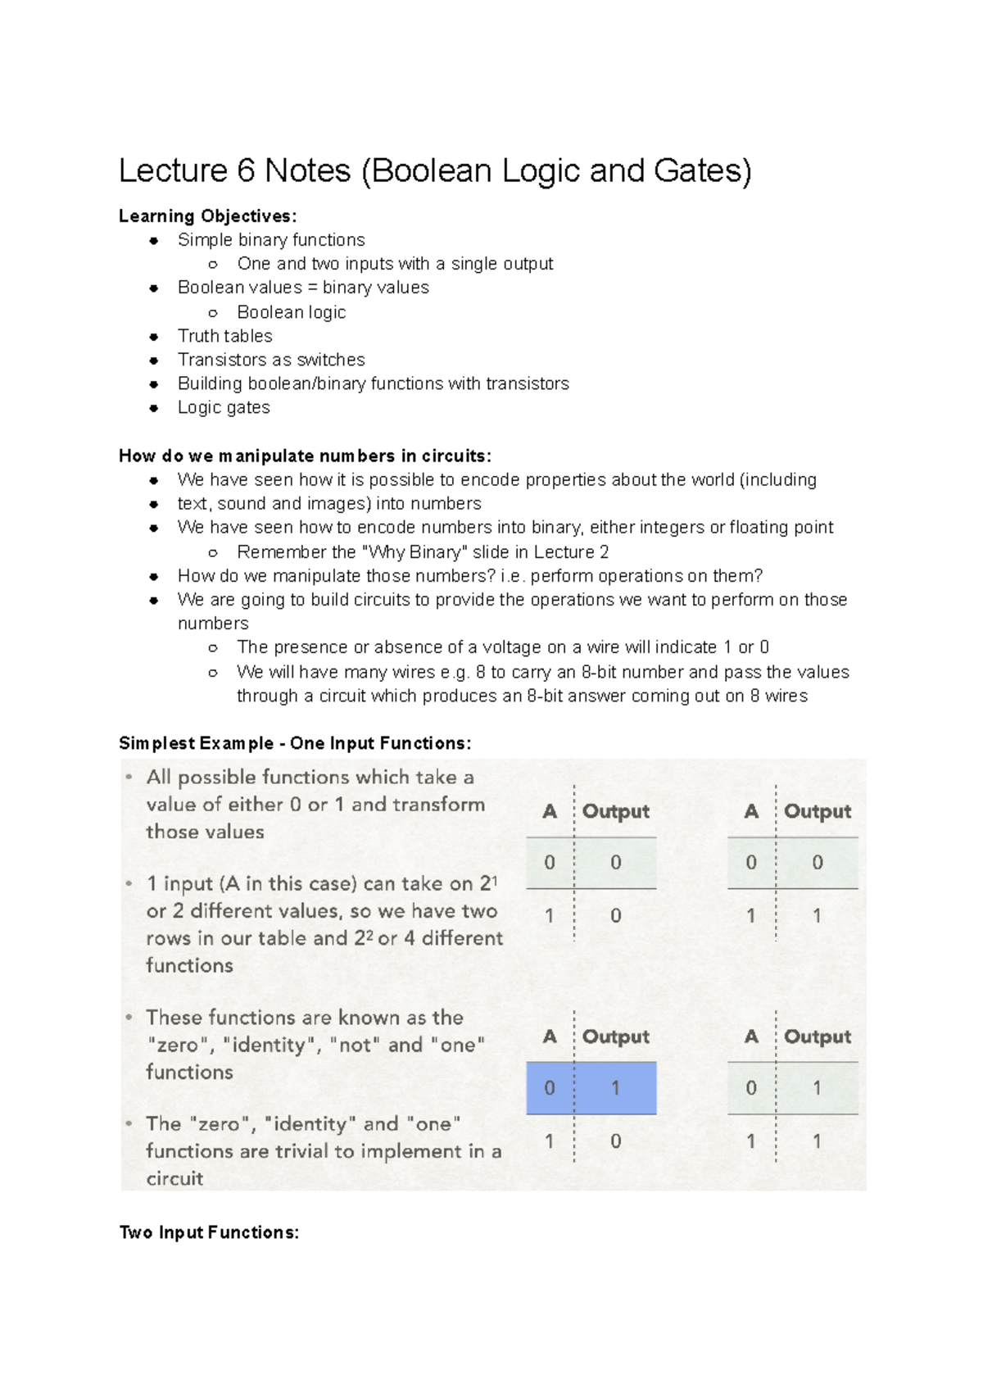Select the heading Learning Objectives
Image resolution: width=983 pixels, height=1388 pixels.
tap(207, 216)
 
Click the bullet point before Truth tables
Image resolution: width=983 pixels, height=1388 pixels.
tap(154, 336)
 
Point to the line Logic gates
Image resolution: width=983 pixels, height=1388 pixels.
tap(224, 407)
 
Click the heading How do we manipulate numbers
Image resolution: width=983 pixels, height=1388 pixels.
tap(305, 456)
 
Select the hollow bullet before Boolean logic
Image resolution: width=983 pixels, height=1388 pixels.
tap(213, 312)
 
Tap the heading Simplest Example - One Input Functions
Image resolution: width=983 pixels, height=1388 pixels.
tap(295, 743)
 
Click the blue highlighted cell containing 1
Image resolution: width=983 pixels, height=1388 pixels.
tap(615, 1088)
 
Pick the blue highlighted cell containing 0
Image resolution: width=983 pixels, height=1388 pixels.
tap(550, 1088)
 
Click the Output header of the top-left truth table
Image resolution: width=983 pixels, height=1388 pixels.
tap(615, 811)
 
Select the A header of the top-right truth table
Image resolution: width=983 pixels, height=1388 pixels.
tap(751, 811)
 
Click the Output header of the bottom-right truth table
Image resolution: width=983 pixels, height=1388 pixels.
tap(818, 1036)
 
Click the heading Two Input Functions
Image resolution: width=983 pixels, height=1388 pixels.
tap(209, 1232)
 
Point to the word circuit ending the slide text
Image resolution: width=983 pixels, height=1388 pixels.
tap(174, 1178)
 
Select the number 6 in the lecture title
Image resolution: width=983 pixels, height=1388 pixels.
tap(246, 170)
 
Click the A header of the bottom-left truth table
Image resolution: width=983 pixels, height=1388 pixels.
tap(550, 1036)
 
